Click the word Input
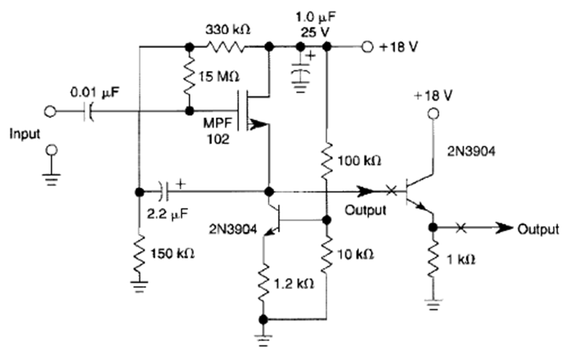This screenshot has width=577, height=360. pos(25,135)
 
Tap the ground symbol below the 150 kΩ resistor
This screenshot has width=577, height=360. pos(138,288)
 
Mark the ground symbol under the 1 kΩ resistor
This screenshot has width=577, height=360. pos(433,306)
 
